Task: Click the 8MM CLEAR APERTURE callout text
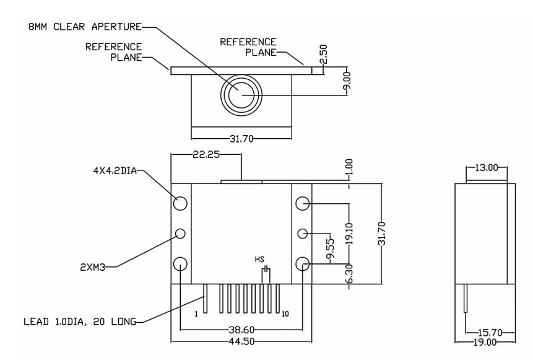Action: [85, 27]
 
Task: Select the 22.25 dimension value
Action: [206, 155]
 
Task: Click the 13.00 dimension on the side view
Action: [486, 167]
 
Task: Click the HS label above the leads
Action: [259, 260]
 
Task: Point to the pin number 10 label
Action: [285, 314]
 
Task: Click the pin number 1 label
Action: [196, 314]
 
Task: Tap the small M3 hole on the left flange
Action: [180, 234]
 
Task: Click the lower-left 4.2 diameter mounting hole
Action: [180, 264]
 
